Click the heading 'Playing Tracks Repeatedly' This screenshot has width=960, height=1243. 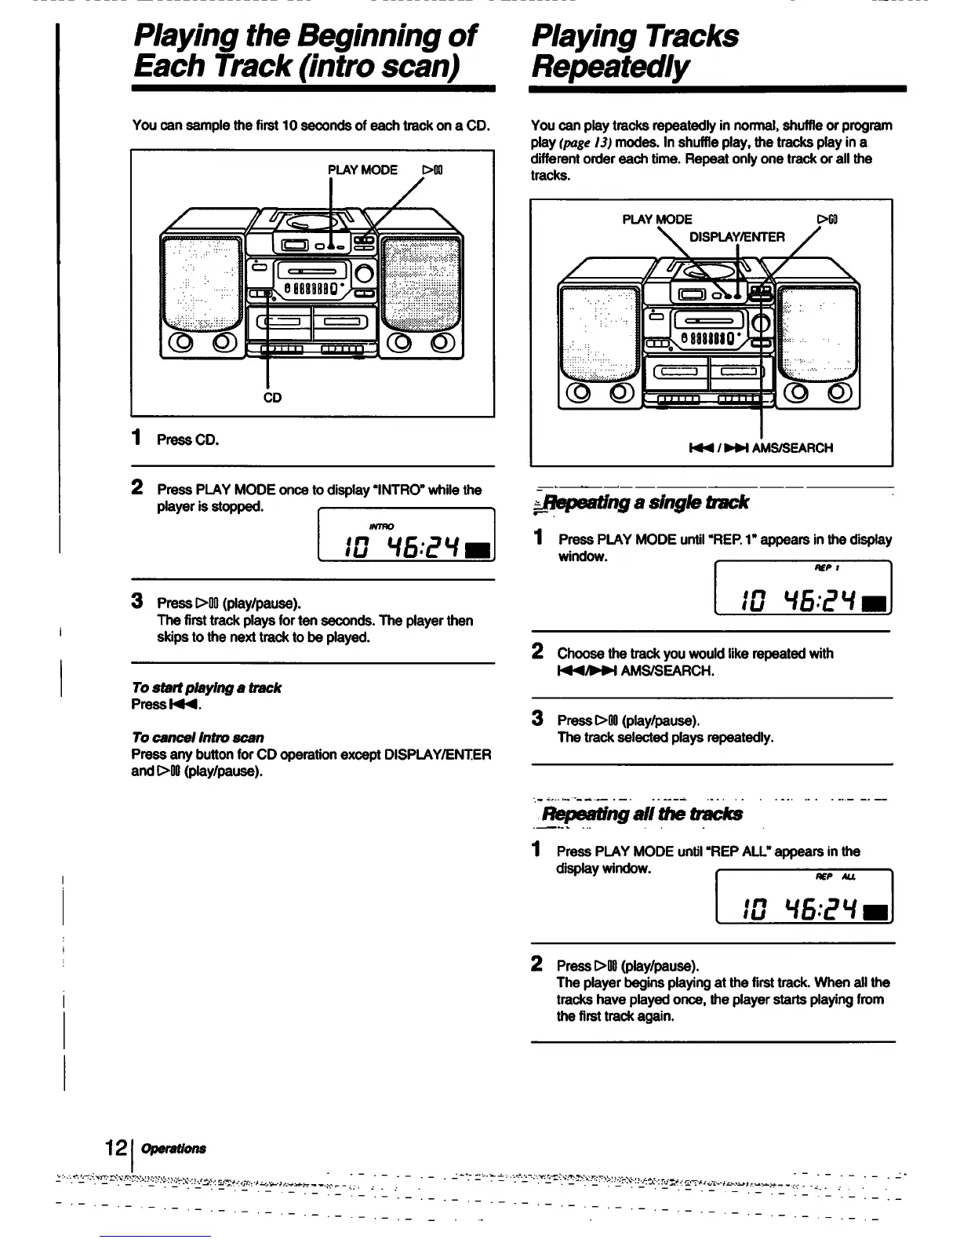coord(635,51)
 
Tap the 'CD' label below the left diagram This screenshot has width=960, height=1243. coord(272,398)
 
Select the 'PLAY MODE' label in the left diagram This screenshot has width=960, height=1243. coord(362,169)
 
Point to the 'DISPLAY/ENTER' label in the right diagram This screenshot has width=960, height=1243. coord(736,237)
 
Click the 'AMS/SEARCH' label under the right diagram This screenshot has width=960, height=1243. coord(792,448)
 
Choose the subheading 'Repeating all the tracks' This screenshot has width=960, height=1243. coord(642,814)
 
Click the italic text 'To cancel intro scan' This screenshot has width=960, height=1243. coord(198,738)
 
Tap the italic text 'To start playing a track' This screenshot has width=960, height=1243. coord(206,687)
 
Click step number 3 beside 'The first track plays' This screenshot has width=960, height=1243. coord(137,602)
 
